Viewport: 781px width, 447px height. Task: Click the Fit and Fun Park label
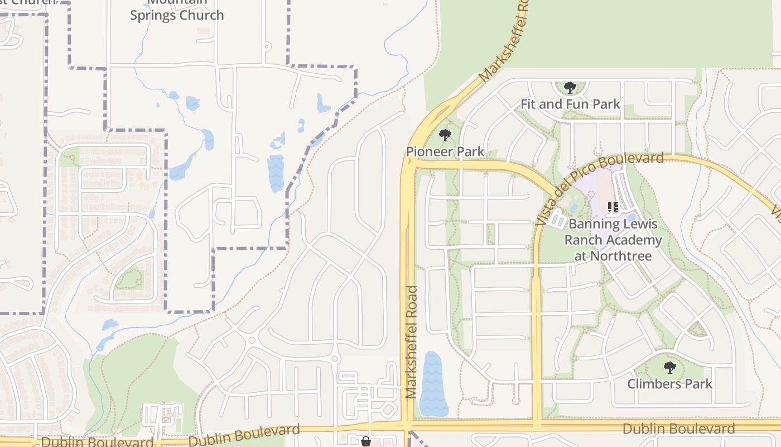(570, 104)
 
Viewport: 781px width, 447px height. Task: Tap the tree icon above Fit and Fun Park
(570, 88)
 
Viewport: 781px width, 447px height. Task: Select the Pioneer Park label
(445, 151)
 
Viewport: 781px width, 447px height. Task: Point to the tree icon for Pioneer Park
(445, 135)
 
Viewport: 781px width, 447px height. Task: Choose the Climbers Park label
(669, 384)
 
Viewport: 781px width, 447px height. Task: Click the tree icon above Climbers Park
(669, 368)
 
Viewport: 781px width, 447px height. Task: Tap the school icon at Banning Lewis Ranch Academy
(613, 207)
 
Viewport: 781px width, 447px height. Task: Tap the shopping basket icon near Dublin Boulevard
(366, 441)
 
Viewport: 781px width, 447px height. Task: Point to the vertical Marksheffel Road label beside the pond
(412, 342)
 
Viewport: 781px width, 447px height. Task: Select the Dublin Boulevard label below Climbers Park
(678, 429)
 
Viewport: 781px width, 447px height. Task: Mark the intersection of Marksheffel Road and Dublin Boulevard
(408, 426)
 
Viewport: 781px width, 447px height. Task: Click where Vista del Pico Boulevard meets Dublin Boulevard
(537, 426)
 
